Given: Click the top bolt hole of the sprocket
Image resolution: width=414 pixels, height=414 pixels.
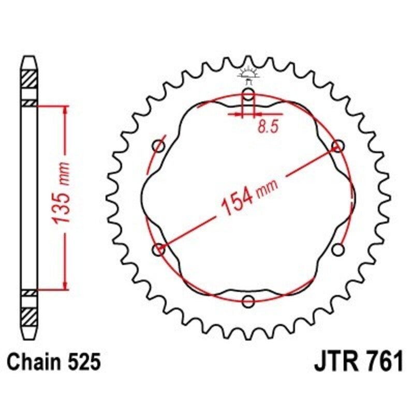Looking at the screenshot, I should click(248, 94).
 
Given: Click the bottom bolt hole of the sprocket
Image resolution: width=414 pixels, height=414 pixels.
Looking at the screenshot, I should click(248, 302).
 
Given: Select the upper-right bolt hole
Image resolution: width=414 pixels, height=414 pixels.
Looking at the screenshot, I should click(338, 146).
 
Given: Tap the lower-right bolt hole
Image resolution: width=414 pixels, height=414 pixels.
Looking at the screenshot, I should click(338, 250).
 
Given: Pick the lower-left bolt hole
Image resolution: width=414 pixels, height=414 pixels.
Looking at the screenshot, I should click(159, 249).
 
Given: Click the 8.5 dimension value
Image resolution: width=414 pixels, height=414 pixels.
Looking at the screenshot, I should click(264, 127).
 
